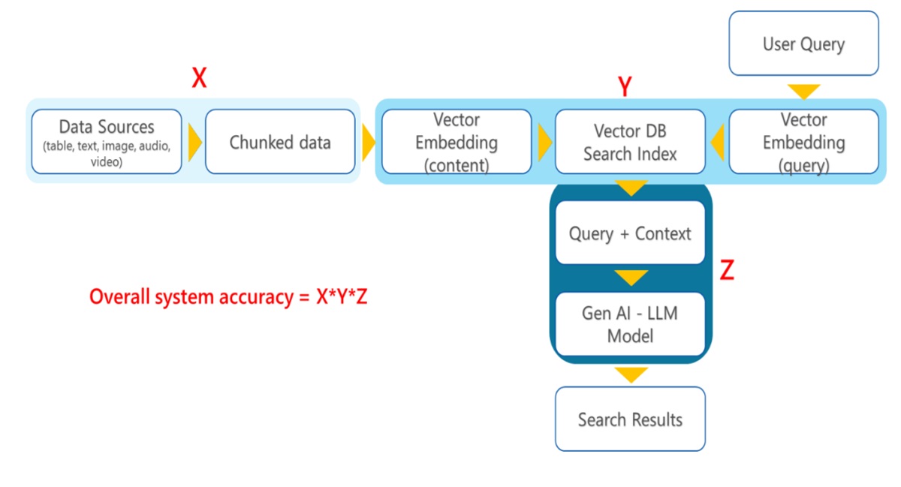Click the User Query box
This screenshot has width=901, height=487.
[803, 44]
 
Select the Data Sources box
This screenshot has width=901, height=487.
[107, 141]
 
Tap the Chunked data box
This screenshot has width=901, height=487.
[280, 141]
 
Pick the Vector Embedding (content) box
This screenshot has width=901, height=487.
[457, 141]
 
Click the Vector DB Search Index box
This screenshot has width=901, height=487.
[630, 141]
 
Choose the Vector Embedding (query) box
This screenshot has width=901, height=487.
[803, 141]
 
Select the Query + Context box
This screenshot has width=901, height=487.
[630, 233]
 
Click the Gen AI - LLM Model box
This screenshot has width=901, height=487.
[630, 324]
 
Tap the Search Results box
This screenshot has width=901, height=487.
[630, 419]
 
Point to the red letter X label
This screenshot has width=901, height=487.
[199, 78]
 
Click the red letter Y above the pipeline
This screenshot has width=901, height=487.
[625, 88]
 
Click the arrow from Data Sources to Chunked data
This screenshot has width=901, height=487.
[194, 142]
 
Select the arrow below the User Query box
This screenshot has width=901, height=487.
[803, 92]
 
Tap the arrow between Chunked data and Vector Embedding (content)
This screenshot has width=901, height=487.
[369, 142]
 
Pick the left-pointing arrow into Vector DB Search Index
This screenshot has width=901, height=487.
[717, 142]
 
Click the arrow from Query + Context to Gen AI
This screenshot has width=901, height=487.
[631, 278]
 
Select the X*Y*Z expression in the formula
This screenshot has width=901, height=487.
[342, 297]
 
